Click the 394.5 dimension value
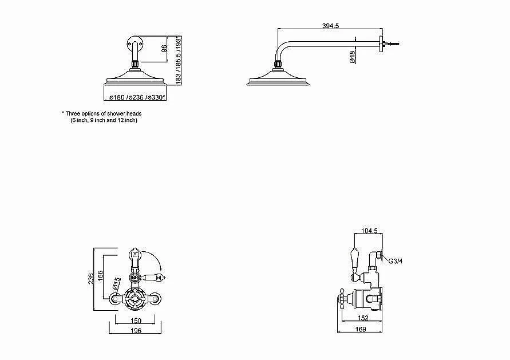pyautogui.click(x=330, y=25)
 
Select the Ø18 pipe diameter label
pyautogui.click(x=352, y=56)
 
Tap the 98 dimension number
pyautogui.click(x=164, y=49)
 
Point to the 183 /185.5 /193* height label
pyautogui.click(x=178, y=61)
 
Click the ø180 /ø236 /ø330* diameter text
pyautogui.click(x=137, y=97)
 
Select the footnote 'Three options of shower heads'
pyautogui.click(x=102, y=113)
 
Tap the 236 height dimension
pyautogui.click(x=91, y=278)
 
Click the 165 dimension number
pyautogui.click(x=101, y=276)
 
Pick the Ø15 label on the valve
pyautogui.click(x=116, y=283)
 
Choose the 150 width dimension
pyautogui.click(x=136, y=321)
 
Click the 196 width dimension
pyautogui.click(x=136, y=330)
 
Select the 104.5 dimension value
pyautogui.click(x=369, y=231)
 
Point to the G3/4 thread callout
pyautogui.click(x=396, y=261)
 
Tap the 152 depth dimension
pyautogui.click(x=363, y=318)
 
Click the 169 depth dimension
pyautogui.click(x=361, y=329)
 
